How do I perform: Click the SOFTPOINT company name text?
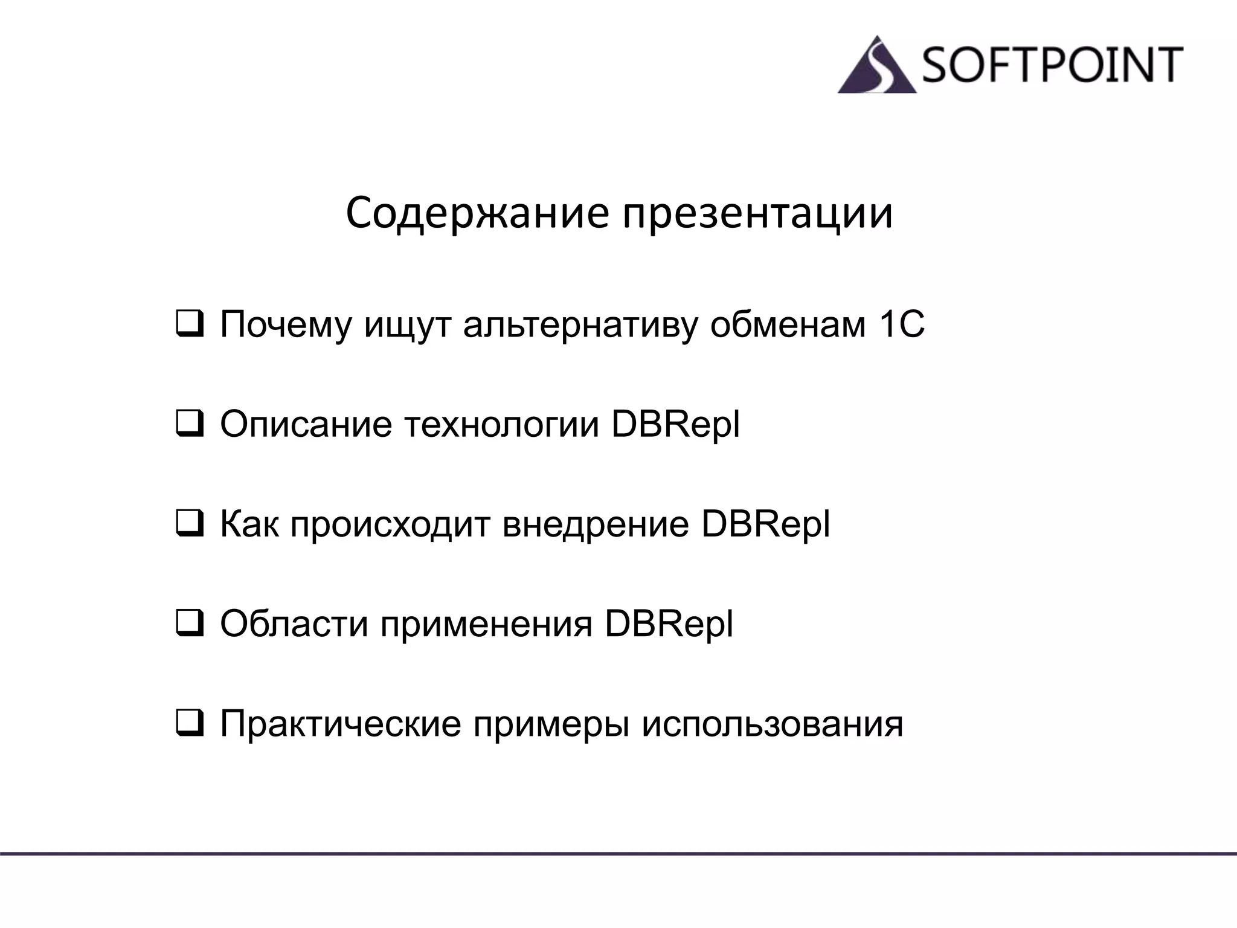(1052, 65)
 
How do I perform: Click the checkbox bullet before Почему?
(189, 324)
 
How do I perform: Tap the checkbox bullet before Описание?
(189, 424)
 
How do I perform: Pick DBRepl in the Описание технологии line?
(675, 424)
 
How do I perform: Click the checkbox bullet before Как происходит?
(189, 524)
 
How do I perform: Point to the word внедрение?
(596, 524)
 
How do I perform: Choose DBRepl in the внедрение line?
(765, 524)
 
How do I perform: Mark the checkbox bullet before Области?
(189, 623)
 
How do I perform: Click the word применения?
(486, 623)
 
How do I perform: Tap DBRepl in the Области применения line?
(669, 623)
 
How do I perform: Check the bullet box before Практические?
(189, 723)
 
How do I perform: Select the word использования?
(772, 723)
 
